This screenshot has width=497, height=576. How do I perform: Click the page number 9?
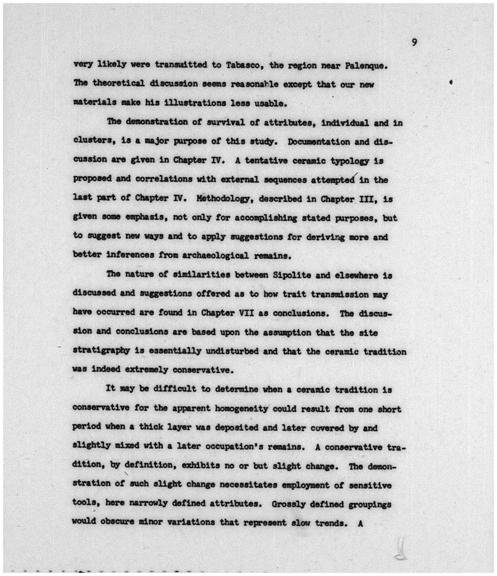pyautogui.click(x=414, y=43)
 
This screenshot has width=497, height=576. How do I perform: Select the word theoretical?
pyautogui.click(x=119, y=83)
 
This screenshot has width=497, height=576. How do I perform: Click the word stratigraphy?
pyautogui.click(x=101, y=351)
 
